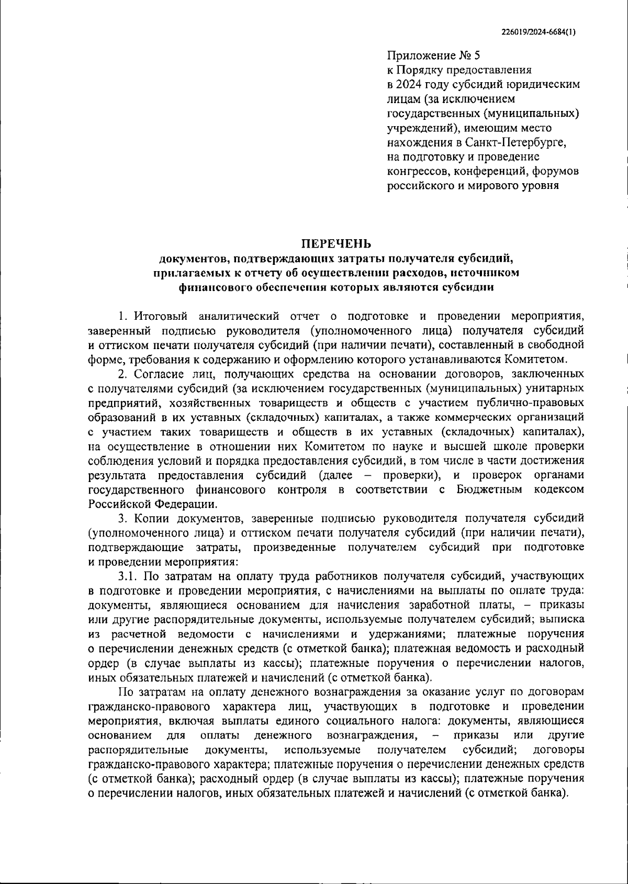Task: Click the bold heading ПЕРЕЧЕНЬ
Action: click(335, 244)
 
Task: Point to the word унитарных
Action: click(555, 388)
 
